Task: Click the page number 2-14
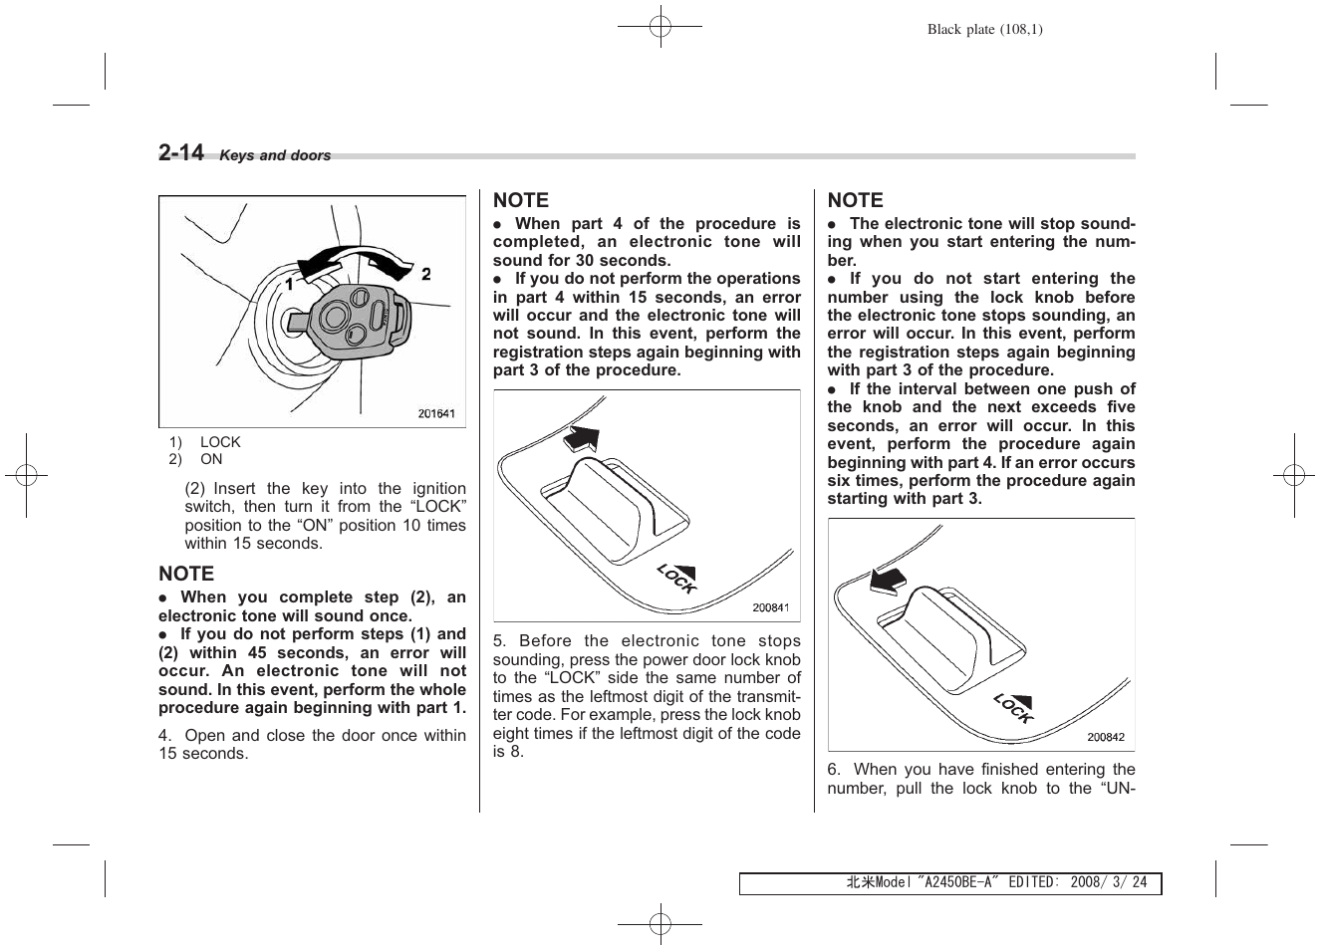[181, 153]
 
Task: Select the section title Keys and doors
[275, 156]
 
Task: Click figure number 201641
[435, 413]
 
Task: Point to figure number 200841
[770, 608]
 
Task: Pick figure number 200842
[1105, 737]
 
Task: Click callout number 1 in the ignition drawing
[289, 285]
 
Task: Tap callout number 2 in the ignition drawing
[425, 274]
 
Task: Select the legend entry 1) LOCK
[204, 442]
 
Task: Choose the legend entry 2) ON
[195, 459]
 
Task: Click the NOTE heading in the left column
[186, 574]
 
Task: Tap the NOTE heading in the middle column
[521, 200]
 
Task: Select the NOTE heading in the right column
[855, 200]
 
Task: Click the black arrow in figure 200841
[583, 437]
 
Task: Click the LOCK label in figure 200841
[677, 577]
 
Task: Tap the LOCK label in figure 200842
[1013, 707]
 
